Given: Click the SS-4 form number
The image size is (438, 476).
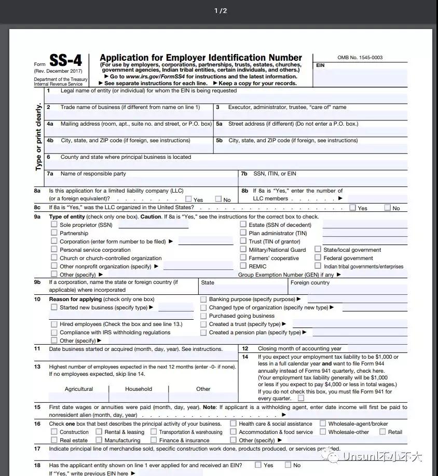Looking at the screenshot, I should click(65, 61).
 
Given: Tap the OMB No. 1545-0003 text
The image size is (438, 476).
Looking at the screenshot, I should click(360, 57).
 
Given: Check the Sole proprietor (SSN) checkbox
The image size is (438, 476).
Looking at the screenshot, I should click(54, 224).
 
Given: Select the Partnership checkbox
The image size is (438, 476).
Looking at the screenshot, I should click(54, 233).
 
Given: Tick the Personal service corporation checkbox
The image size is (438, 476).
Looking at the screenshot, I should click(54, 249).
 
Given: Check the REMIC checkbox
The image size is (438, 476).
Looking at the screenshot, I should click(243, 266).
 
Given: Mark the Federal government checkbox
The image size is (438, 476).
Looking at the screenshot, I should click(318, 257).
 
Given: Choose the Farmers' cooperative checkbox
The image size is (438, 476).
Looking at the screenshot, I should click(243, 257).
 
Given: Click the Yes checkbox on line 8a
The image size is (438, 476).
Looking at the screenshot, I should click(189, 199).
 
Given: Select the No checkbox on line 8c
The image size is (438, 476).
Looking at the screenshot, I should click(387, 208).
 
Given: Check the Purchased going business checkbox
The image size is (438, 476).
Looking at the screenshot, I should click(203, 316).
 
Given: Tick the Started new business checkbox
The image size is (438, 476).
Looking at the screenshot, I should click(54, 307).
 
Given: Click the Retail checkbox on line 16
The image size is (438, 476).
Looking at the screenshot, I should click(382, 431).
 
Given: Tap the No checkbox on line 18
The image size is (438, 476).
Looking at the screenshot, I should click(288, 465).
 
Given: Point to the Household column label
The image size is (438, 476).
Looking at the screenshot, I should click(139, 389).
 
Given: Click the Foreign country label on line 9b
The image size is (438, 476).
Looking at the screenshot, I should click(310, 283).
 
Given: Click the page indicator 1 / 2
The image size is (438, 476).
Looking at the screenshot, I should click(221, 11).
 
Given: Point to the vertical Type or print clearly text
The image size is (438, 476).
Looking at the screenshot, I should click(38, 138).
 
